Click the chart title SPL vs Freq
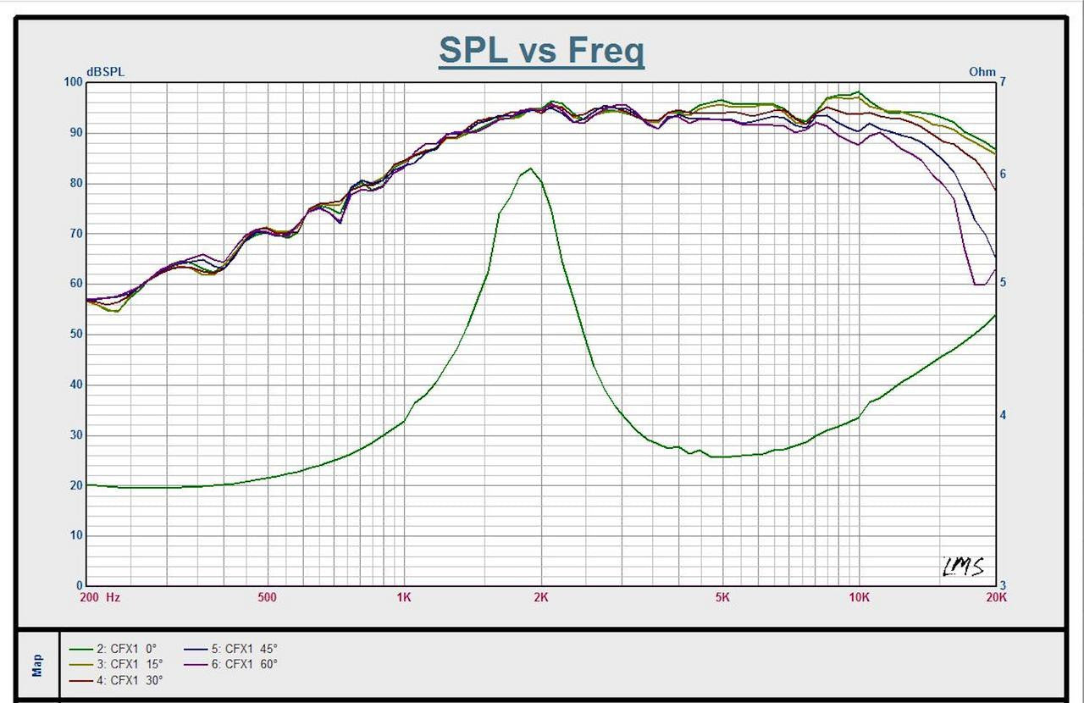541,51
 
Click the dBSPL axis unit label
105,72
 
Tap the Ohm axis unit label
982,72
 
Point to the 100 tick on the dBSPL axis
74,82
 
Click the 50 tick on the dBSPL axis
76,334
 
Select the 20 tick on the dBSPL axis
76,485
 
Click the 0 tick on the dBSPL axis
80,585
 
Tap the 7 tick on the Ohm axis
1003,82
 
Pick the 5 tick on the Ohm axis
1003,282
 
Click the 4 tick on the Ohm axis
1003,415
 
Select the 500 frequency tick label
267,597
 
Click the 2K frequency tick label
541,597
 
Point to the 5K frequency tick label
722,597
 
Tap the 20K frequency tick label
996,597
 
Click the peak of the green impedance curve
530,169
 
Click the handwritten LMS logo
964,567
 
